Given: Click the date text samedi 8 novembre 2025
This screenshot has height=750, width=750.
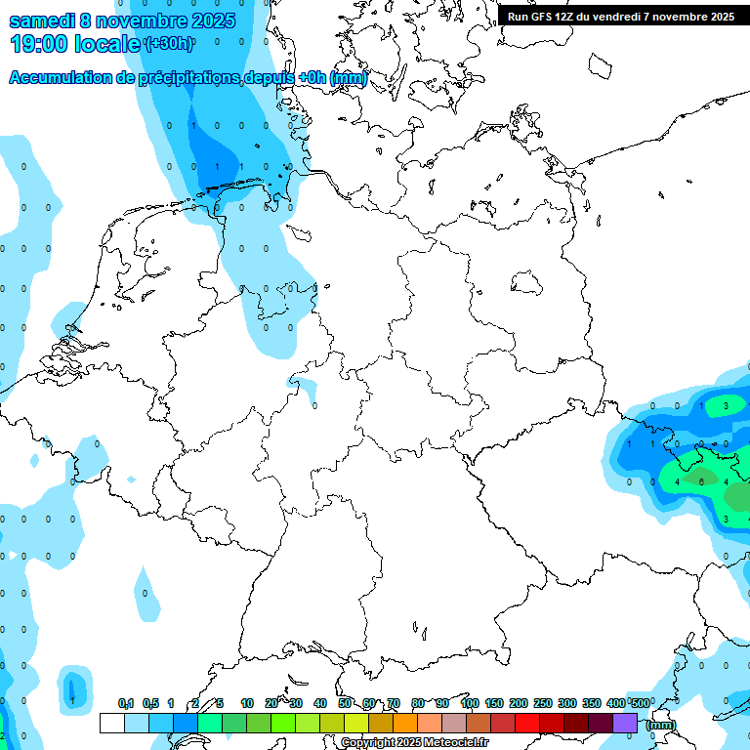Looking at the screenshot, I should (122, 20).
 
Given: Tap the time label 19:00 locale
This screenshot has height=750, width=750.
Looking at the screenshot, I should (75, 44).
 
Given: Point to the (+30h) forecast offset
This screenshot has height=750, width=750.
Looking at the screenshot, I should (169, 44).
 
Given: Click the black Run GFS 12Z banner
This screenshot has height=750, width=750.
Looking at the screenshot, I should (621, 16).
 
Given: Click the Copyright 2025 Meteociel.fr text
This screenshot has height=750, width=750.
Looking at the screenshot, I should (414, 743).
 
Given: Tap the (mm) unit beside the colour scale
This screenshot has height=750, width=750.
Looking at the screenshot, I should (661, 725).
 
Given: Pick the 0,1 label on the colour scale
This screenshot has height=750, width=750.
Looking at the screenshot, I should (126, 703).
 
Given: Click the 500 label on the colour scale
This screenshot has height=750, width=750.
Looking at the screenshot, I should (639, 703).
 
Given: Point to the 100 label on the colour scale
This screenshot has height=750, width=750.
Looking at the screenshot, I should (469, 703).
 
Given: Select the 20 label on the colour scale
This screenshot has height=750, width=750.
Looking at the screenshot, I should (271, 703).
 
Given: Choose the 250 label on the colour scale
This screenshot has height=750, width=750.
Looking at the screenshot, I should (543, 703).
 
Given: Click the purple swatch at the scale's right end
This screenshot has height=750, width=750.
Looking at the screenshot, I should (625, 723).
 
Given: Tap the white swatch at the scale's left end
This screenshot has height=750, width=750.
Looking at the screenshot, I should (112, 723).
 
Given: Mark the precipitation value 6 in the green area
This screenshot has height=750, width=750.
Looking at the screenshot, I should (701, 481).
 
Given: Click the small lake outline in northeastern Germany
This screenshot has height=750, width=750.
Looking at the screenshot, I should (527, 283).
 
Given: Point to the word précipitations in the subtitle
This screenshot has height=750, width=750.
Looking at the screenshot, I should (189, 78).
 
